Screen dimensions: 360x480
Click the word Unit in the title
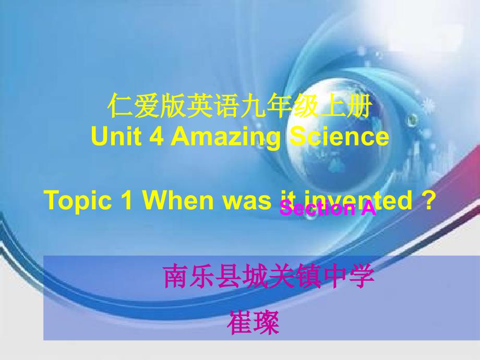pos(110,137)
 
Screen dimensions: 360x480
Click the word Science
pos(337,137)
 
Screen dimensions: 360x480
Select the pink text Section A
pos(328,209)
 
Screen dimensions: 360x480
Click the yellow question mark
pos(428,200)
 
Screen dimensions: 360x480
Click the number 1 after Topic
pos(129,200)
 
